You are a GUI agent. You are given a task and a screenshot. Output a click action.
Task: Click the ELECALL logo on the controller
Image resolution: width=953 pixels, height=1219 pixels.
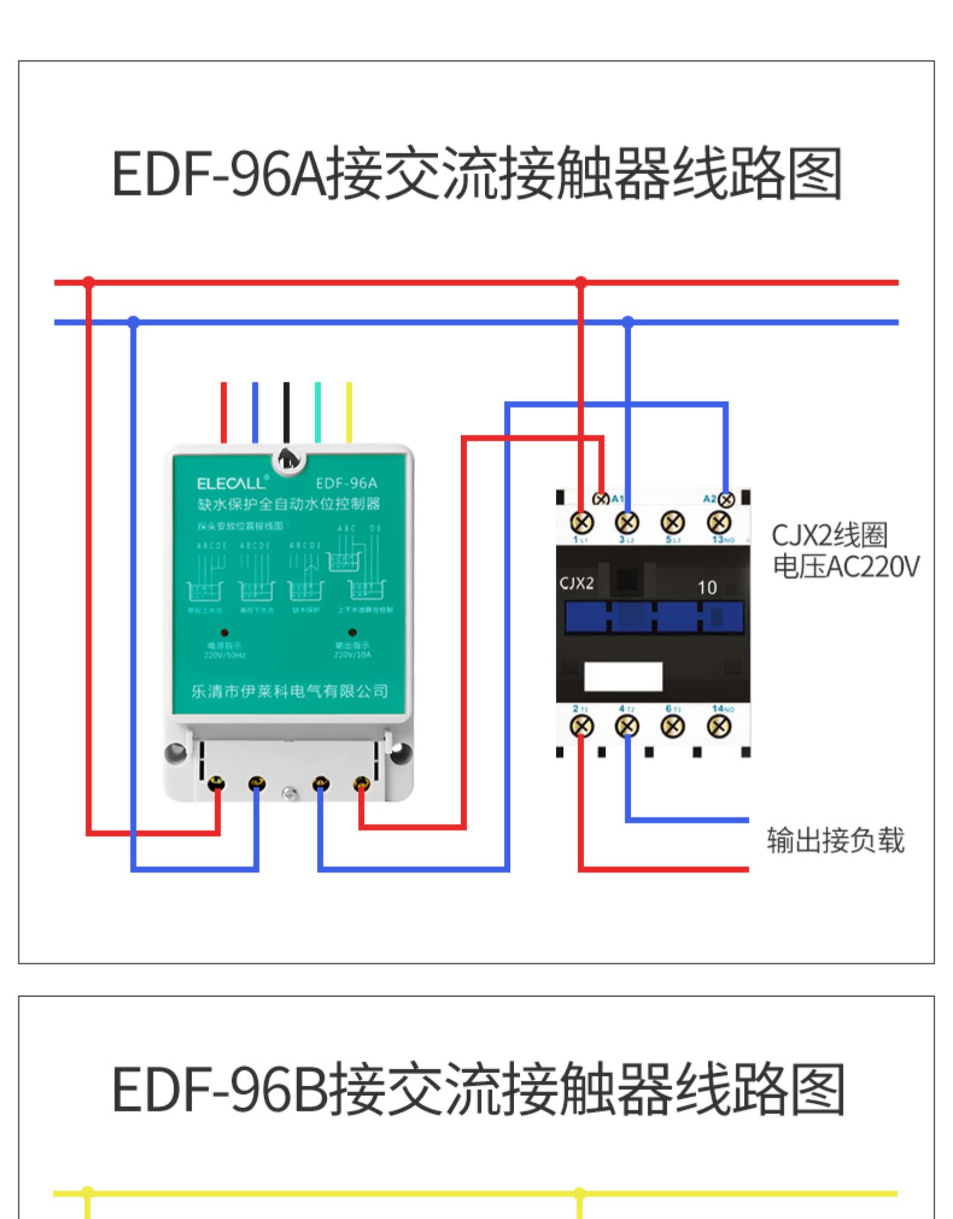pos(231,483)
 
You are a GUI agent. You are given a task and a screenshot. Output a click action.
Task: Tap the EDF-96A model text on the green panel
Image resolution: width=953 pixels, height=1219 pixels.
pos(346,483)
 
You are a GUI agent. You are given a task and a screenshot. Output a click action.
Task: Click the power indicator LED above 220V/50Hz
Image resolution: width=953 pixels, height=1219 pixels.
pos(224,633)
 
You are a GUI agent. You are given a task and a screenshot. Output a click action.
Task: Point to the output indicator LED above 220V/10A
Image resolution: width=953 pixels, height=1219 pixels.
pos(352,632)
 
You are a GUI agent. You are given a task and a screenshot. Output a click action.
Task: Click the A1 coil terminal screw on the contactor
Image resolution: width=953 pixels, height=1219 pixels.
pos(601,499)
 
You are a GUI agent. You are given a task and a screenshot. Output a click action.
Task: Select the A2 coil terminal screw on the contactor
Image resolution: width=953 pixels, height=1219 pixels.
pos(726,500)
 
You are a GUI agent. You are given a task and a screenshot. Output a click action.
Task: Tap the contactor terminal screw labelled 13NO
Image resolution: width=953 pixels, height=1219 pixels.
pos(719,522)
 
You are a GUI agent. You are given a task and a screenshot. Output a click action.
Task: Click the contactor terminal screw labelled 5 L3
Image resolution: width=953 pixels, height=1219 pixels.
pos(673,522)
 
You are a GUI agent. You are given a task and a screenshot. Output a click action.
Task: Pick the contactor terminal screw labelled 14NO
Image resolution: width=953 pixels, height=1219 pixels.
pos(719,727)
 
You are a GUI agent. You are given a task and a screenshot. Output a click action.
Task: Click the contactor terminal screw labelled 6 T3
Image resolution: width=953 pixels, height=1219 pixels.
pos(673,727)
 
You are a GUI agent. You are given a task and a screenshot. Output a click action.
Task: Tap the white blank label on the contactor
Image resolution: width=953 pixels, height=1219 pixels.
pos(623,676)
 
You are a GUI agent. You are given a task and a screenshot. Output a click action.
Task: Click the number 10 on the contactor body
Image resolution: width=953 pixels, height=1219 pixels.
pos(707,588)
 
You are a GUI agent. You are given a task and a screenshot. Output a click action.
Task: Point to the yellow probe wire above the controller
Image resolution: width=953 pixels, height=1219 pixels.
pos(349,412)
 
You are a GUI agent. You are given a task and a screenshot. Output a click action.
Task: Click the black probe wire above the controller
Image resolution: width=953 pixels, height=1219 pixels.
pos(286,412)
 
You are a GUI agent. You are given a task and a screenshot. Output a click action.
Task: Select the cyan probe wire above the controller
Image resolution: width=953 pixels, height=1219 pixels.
pos(318,412)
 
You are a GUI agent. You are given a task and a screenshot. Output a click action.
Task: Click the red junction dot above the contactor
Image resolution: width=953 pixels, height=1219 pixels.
pos(580,282)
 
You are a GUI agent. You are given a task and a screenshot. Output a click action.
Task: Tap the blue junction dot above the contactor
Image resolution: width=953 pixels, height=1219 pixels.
pos(628,322)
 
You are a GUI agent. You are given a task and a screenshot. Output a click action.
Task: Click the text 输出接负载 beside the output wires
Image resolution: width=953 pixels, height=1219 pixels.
pos(835,841)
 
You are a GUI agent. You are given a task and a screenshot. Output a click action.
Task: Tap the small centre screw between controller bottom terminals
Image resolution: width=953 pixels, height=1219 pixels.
pos(290,794)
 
